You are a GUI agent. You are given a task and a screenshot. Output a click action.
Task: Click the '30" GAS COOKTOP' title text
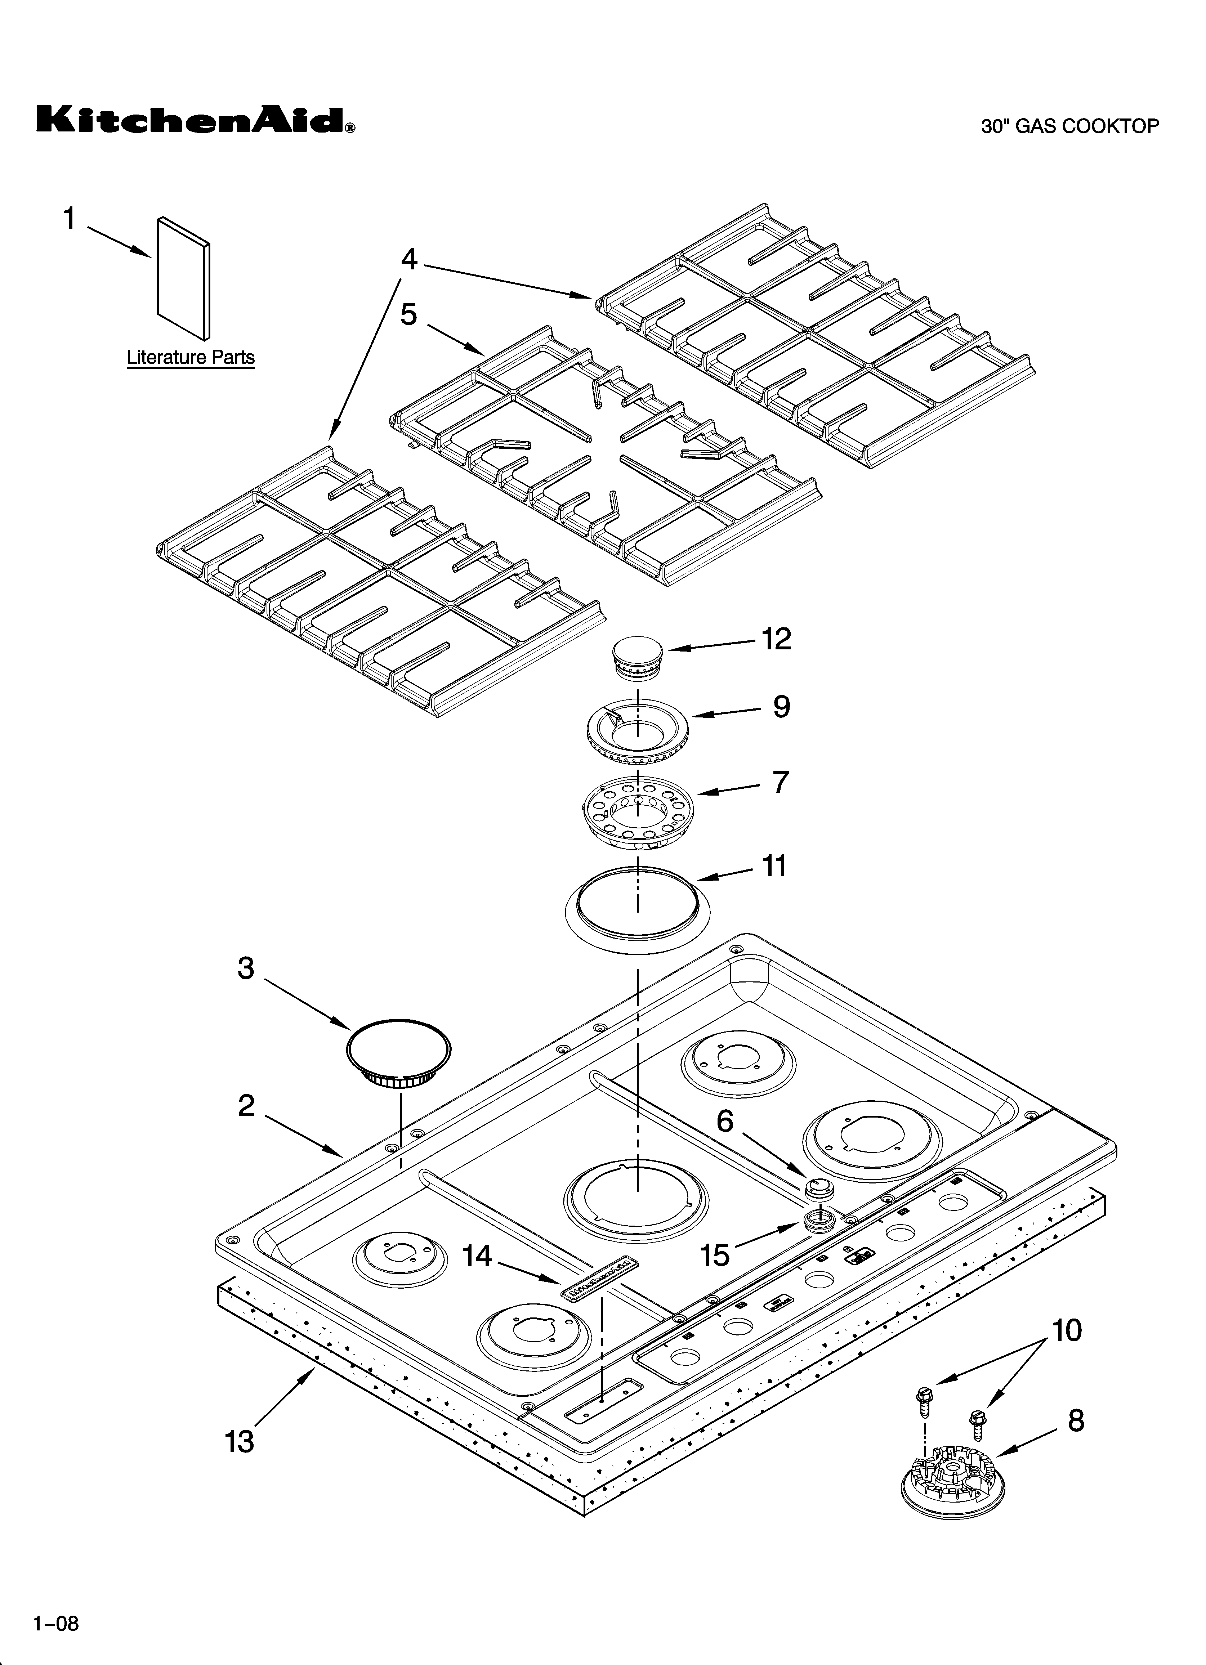pyautogui.click(x=1070, y=126)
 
